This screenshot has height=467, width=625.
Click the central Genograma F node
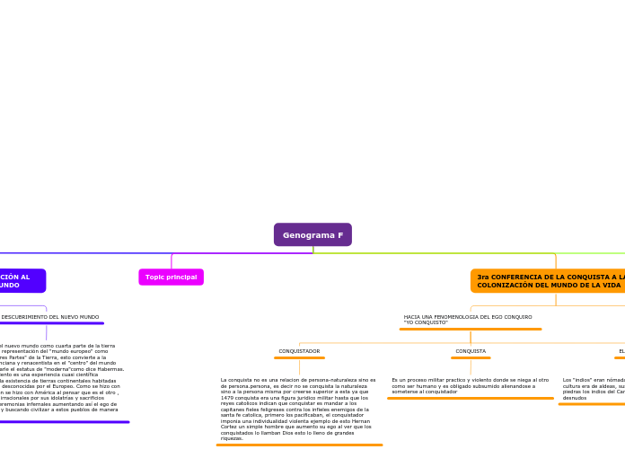(312, 235)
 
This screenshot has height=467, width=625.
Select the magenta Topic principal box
(171, 277)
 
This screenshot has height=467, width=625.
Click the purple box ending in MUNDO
(18, 281)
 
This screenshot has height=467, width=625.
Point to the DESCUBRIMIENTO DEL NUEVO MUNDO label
(49, 317)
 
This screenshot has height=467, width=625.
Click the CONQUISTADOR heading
(299, 351)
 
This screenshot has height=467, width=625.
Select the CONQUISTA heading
(471, 351)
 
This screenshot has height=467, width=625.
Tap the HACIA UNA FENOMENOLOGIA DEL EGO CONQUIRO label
(467, 317)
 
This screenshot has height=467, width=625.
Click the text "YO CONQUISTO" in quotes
(426, 322)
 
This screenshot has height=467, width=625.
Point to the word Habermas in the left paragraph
(109, 368)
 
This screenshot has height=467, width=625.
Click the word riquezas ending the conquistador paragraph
(233, 438)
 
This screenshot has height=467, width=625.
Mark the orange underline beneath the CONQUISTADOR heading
(299, 357)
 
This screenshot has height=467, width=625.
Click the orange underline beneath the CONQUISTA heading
(471, 357)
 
